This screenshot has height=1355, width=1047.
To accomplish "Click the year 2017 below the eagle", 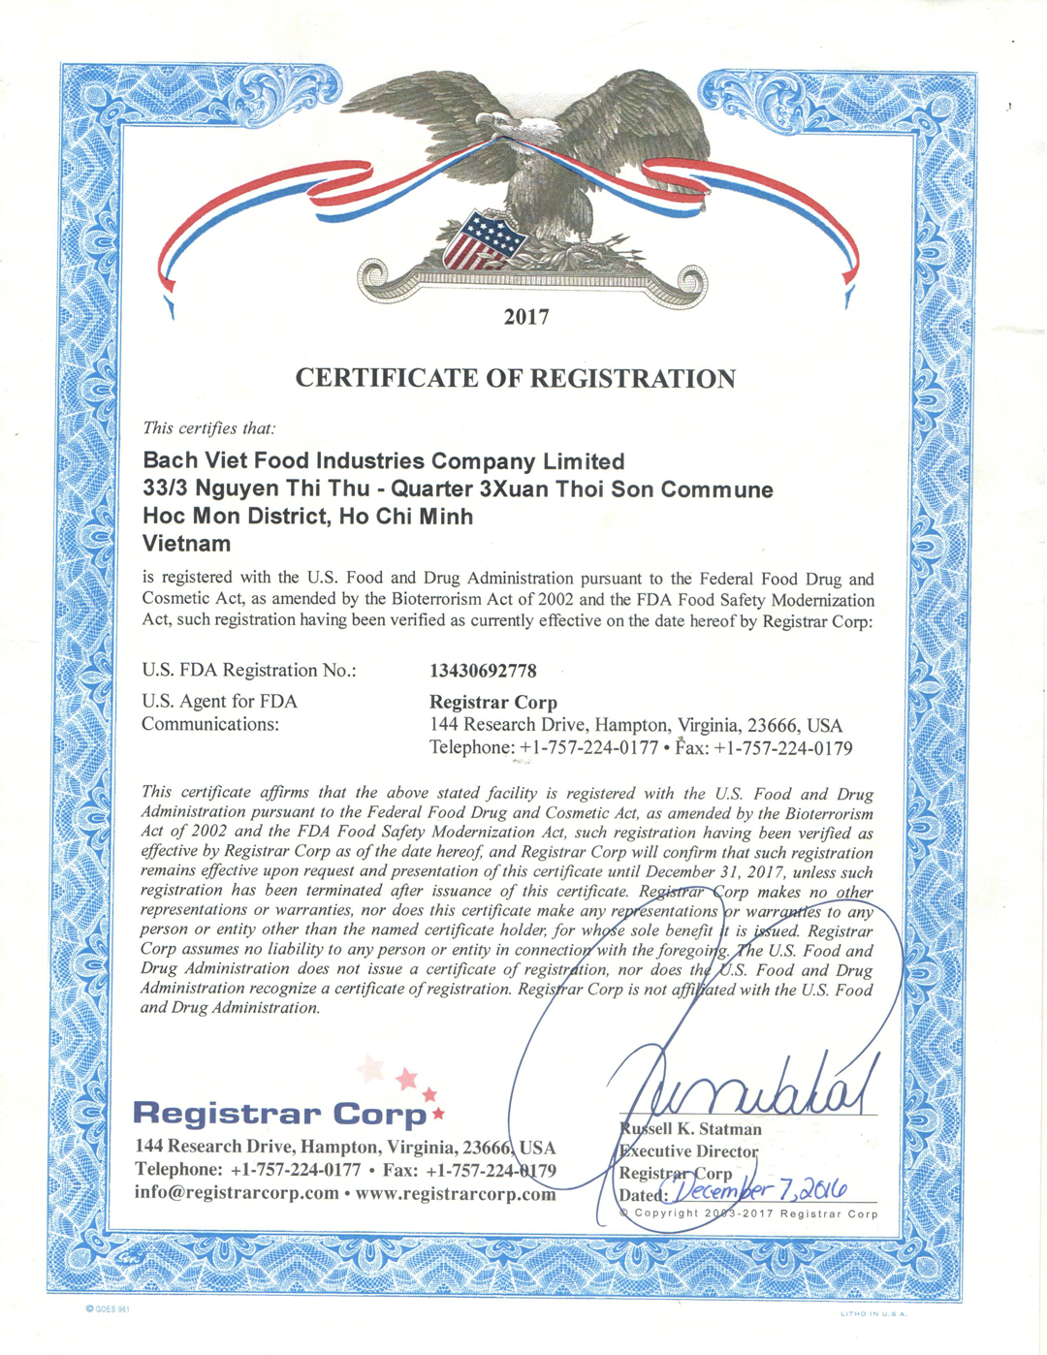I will coord(526,317).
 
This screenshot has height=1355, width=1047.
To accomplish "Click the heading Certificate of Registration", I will coord(515,378).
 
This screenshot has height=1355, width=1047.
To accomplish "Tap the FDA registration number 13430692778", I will coord(483,671).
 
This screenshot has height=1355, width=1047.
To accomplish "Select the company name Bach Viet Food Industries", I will coord(383,461).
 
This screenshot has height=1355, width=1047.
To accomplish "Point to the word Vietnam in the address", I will coord(186,544).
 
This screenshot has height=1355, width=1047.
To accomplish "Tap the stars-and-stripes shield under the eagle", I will coord(482,238).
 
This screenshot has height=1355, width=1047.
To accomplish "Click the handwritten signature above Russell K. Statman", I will coord(746,1086).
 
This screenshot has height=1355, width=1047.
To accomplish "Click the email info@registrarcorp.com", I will coord(237,1193).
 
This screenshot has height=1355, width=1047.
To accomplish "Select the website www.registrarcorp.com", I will coord(456,1193).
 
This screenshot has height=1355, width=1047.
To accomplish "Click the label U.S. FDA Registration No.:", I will coord(249,671).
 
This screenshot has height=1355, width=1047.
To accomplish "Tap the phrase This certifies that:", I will coord(208,427).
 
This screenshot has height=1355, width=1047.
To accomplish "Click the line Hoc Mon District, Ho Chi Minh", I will coord(307,517).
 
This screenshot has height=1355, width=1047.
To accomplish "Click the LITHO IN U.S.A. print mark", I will coord(872,1314).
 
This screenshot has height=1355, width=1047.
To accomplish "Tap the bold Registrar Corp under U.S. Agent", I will coord(493,702).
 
